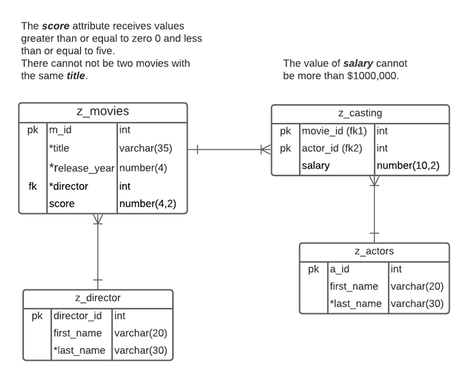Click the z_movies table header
(102, 111)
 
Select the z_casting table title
(360, 113)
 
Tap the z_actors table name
(374, 251)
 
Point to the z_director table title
(98, 298)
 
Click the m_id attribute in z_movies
(60, 130)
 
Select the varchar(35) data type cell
(145, 148)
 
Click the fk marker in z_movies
(33, 186)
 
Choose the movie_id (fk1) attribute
(335, 131)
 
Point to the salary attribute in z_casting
(316, 166)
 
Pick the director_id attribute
(77, 316)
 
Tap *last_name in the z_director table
(79, 350)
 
